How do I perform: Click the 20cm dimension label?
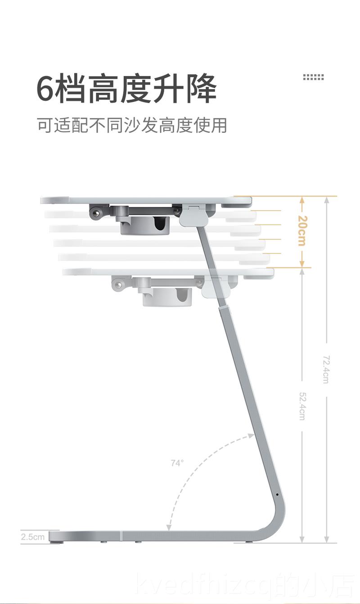coord(301,231)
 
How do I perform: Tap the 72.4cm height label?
coord(326,369)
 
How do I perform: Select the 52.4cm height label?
coord(302,406)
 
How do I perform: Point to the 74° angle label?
coord(177,463)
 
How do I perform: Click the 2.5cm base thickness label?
coord(33,536)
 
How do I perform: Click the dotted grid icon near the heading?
coord(313,77)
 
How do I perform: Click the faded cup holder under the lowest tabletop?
coord(167,297)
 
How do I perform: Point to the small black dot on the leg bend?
coord(277,495)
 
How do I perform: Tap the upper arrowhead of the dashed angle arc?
coord(250,435)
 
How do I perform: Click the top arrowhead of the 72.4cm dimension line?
coord(327,199)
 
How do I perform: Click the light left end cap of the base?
coord(56,536)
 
